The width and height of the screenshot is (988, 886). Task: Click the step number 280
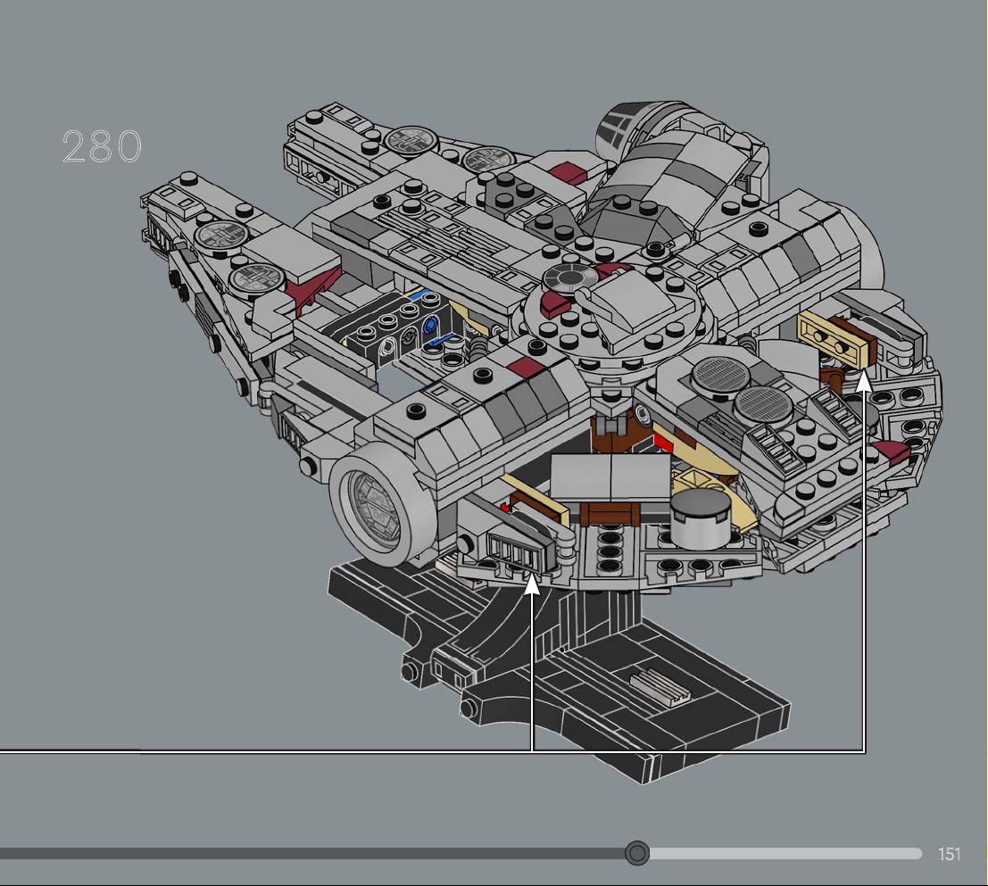pos(102,146)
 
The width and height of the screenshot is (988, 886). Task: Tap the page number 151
pos(949,854)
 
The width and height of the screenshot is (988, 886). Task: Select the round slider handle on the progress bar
pos(637,853)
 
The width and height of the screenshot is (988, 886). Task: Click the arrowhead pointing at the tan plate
pos(864,382)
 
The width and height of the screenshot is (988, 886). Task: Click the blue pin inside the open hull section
pos(430,325)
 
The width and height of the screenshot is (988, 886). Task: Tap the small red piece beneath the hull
pos(505,506)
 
